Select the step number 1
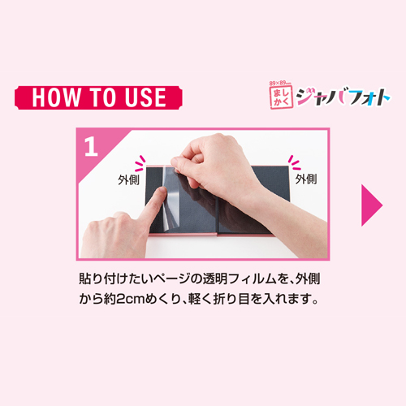click(x=91, y=146)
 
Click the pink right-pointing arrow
click(x=371, y=205)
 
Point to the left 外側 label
click(x=128, y=179)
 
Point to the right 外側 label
click(x=306, y=179)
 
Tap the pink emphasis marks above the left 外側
click(x=140, y=163)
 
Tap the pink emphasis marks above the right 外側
click(x=295, y=162)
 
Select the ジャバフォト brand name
click(x=343, y=97)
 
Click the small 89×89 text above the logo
click(x=280, y=83)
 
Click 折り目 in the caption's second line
click(x=231, y=299)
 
